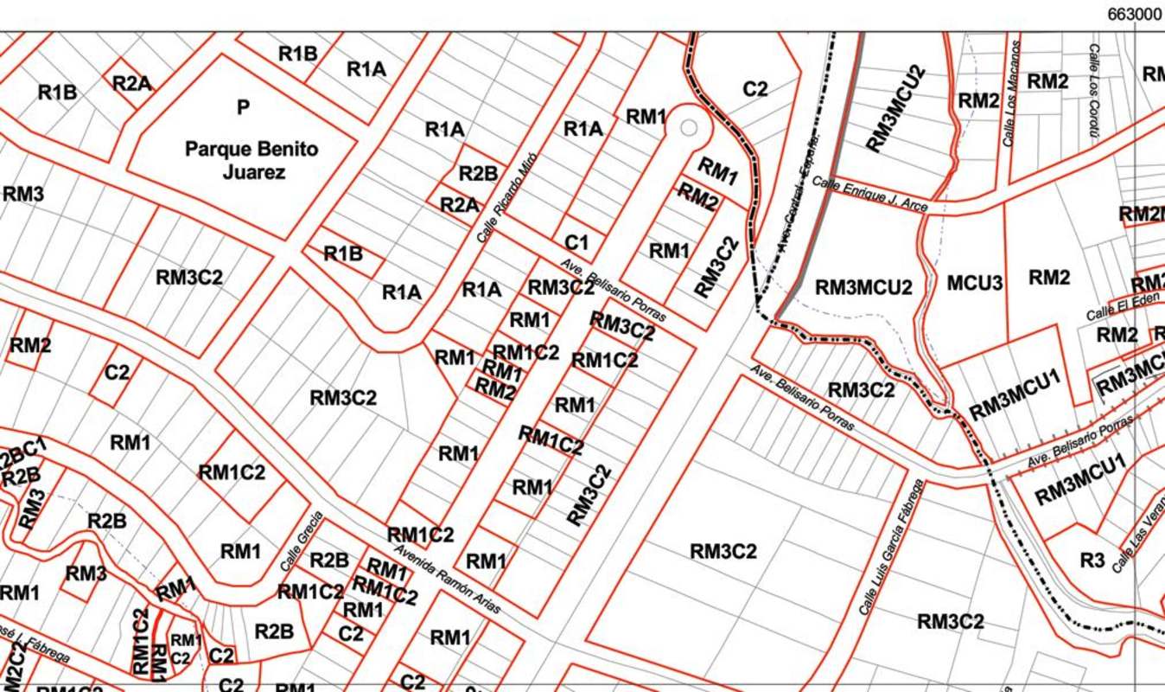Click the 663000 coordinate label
pos(1133,15)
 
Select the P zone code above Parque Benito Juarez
pos(243,107)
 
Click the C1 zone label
pos(576,242)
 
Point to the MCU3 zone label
pos(974,283)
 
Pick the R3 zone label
pos(1092,561)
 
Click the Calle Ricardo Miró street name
pos(506,197)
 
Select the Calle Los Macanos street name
pos(1010,93)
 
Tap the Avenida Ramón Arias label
pos(447,579)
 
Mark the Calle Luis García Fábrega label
pos(891,547)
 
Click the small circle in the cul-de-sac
pos(689,128)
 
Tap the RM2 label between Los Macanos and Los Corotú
pos(1047,81)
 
